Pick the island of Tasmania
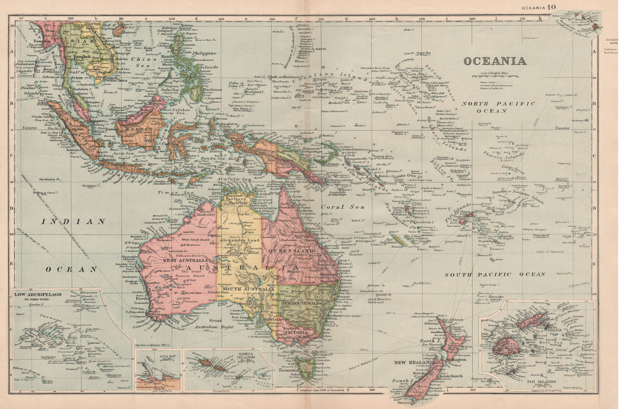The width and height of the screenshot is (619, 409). pos(305,367)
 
